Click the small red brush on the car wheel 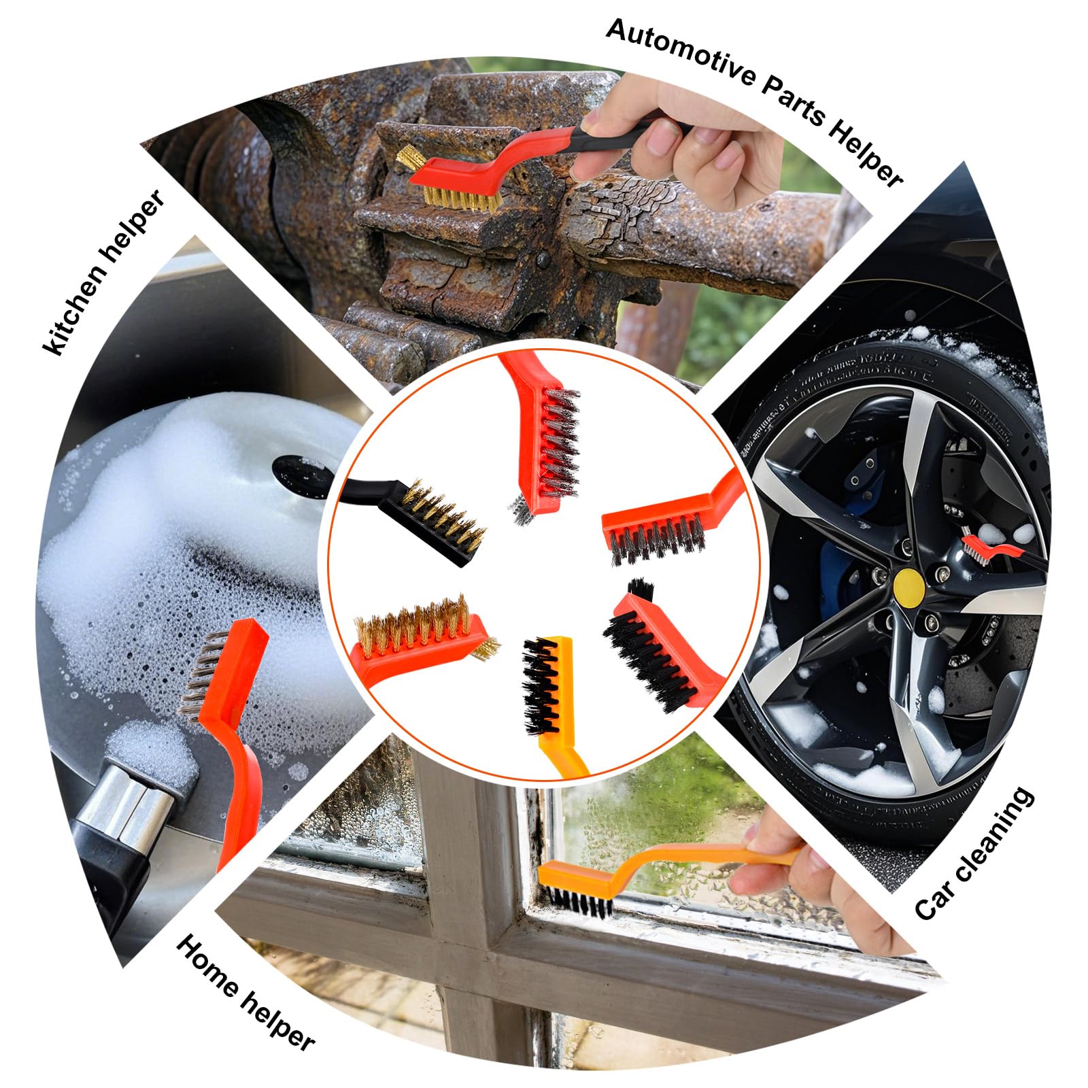click(993, 544)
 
